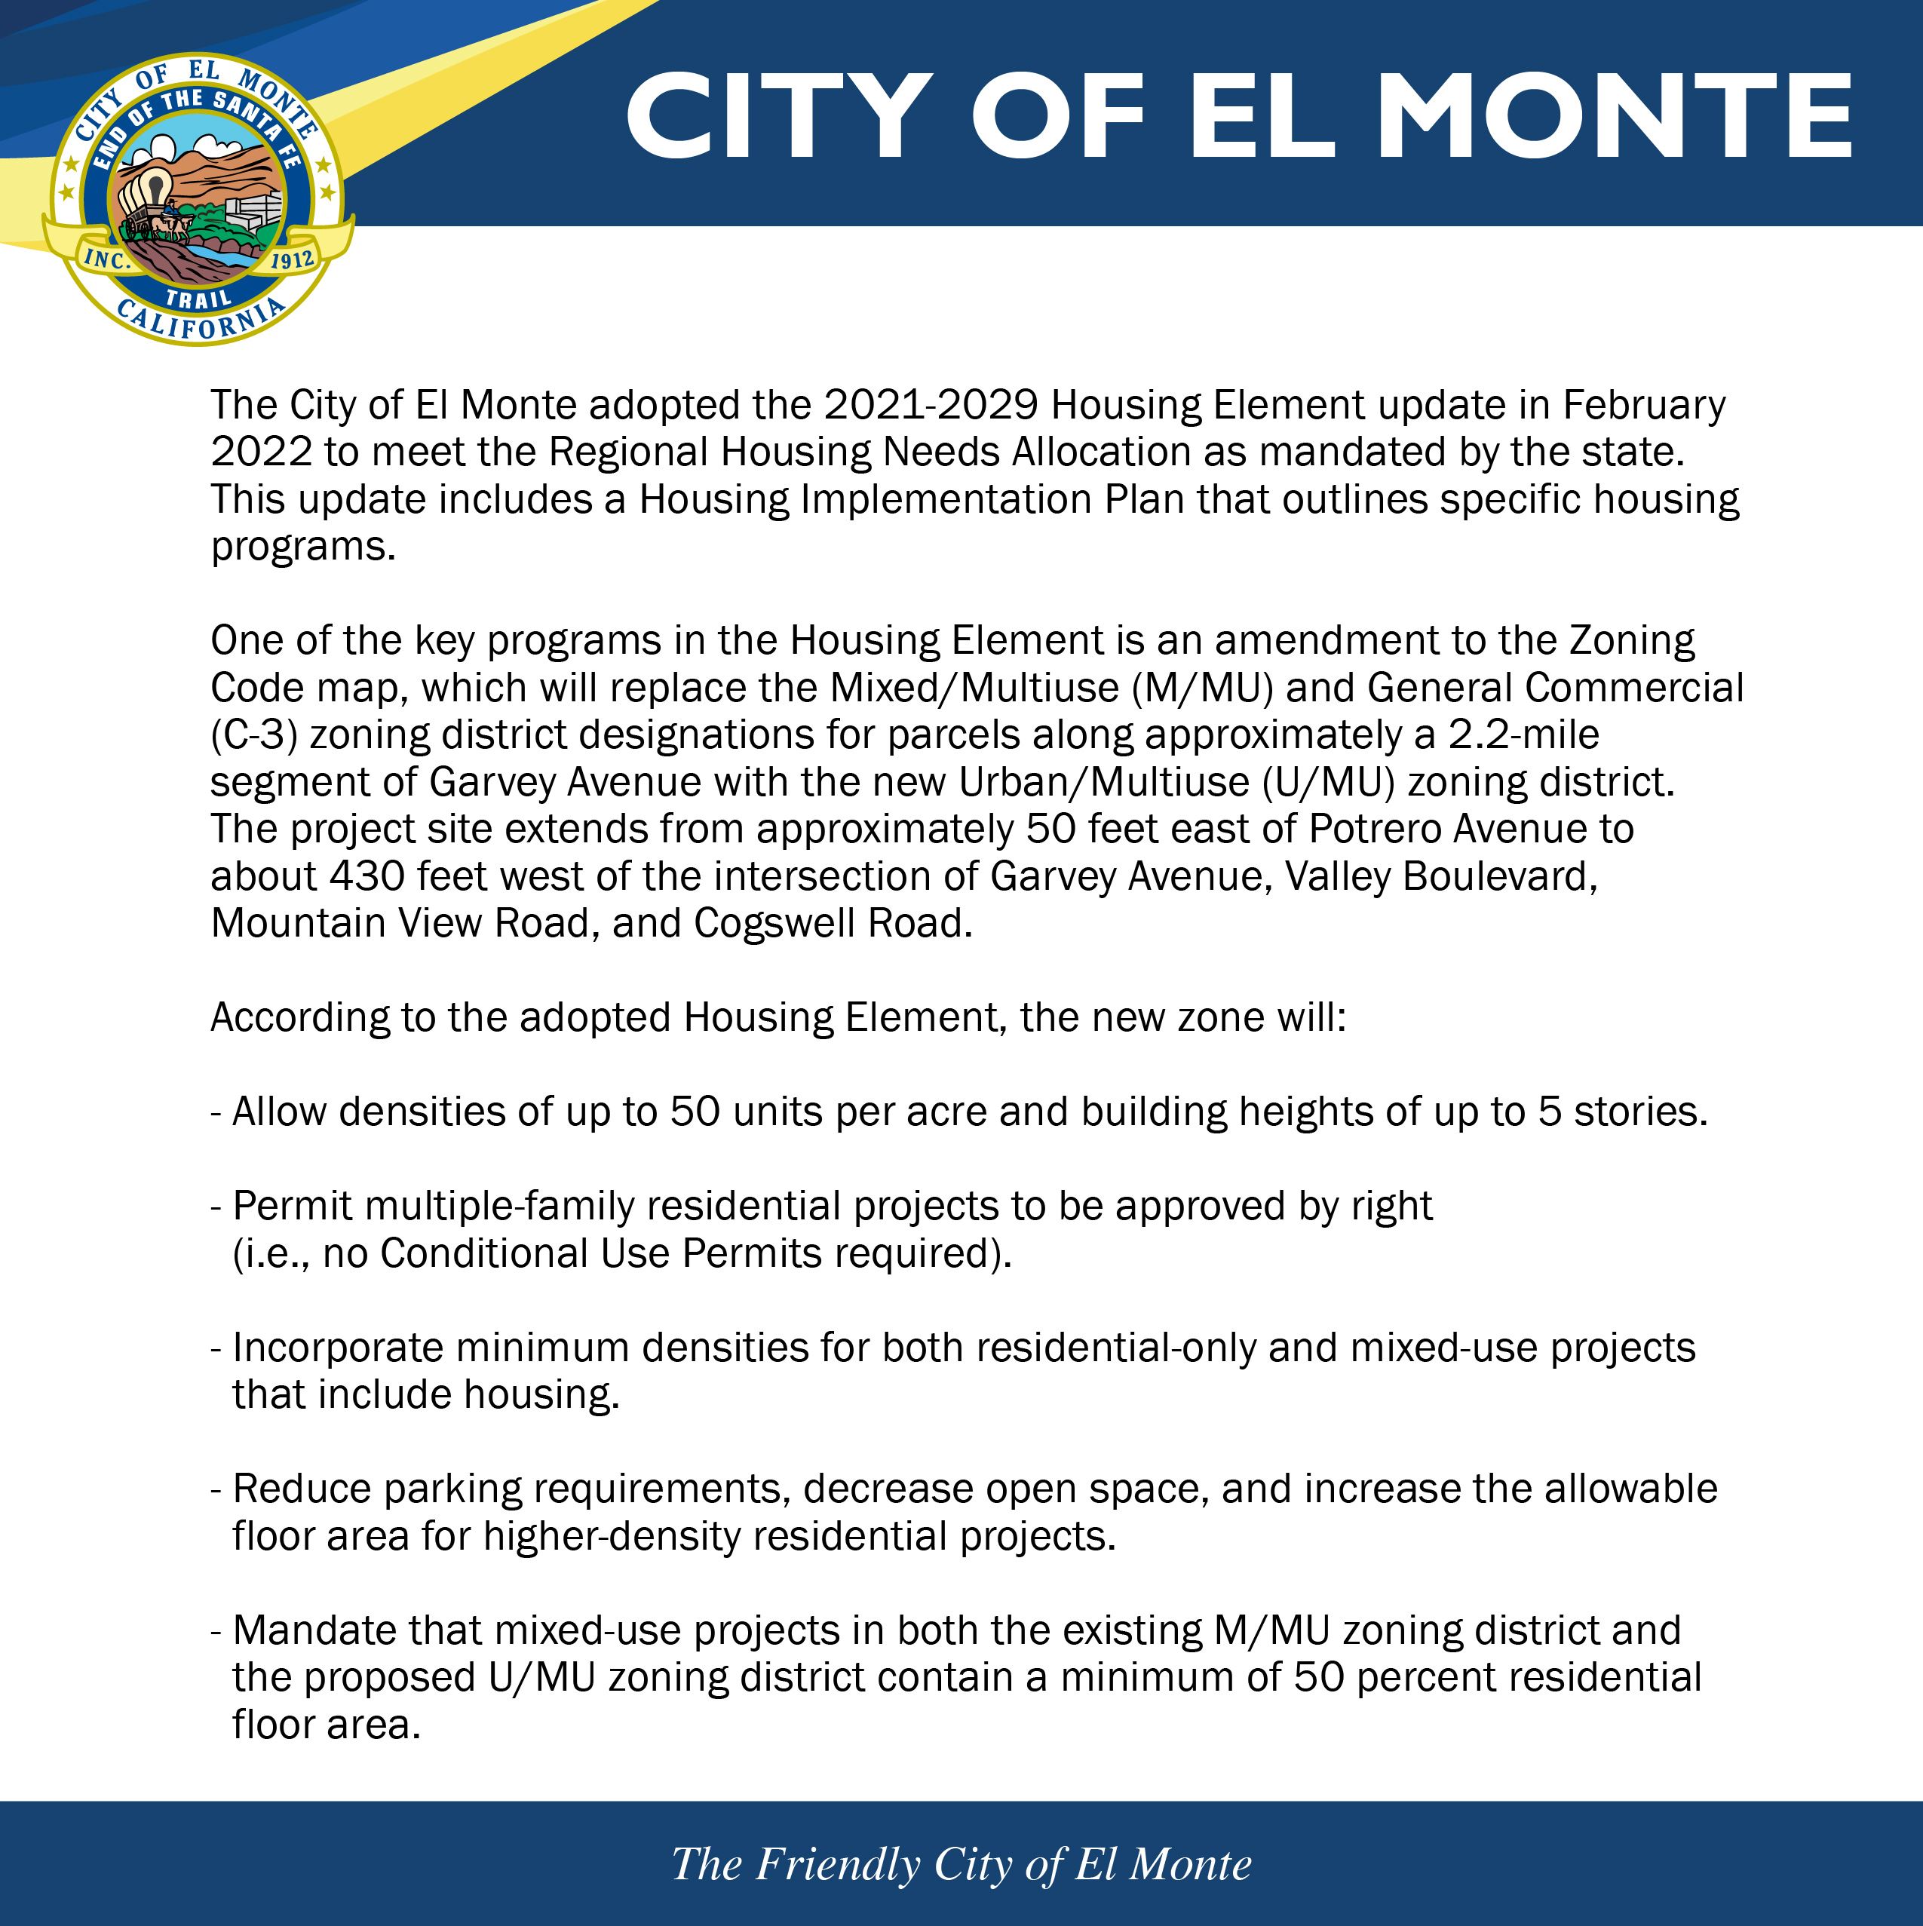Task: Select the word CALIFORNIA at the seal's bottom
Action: [199, 321]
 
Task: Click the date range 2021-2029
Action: [931, 406]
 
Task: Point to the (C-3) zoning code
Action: [254, 735]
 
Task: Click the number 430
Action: [367, 876]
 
